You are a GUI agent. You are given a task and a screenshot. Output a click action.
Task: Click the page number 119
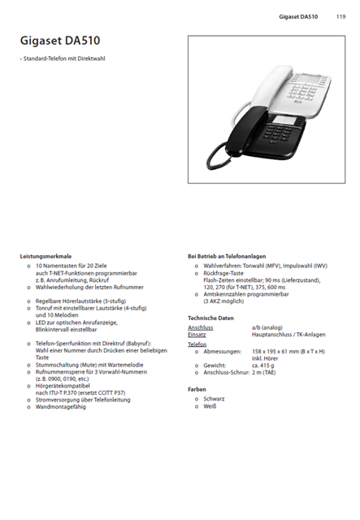click(340, 16)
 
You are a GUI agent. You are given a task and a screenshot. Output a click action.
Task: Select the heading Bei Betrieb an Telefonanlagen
click(227, 256)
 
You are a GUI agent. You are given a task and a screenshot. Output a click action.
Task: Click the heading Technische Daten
click(210, 318)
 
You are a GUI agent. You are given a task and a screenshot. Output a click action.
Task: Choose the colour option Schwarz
click(215, 398)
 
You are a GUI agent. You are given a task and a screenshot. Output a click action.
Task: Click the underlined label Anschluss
click(200, 327)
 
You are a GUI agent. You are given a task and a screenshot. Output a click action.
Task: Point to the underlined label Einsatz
click(197, 334)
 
